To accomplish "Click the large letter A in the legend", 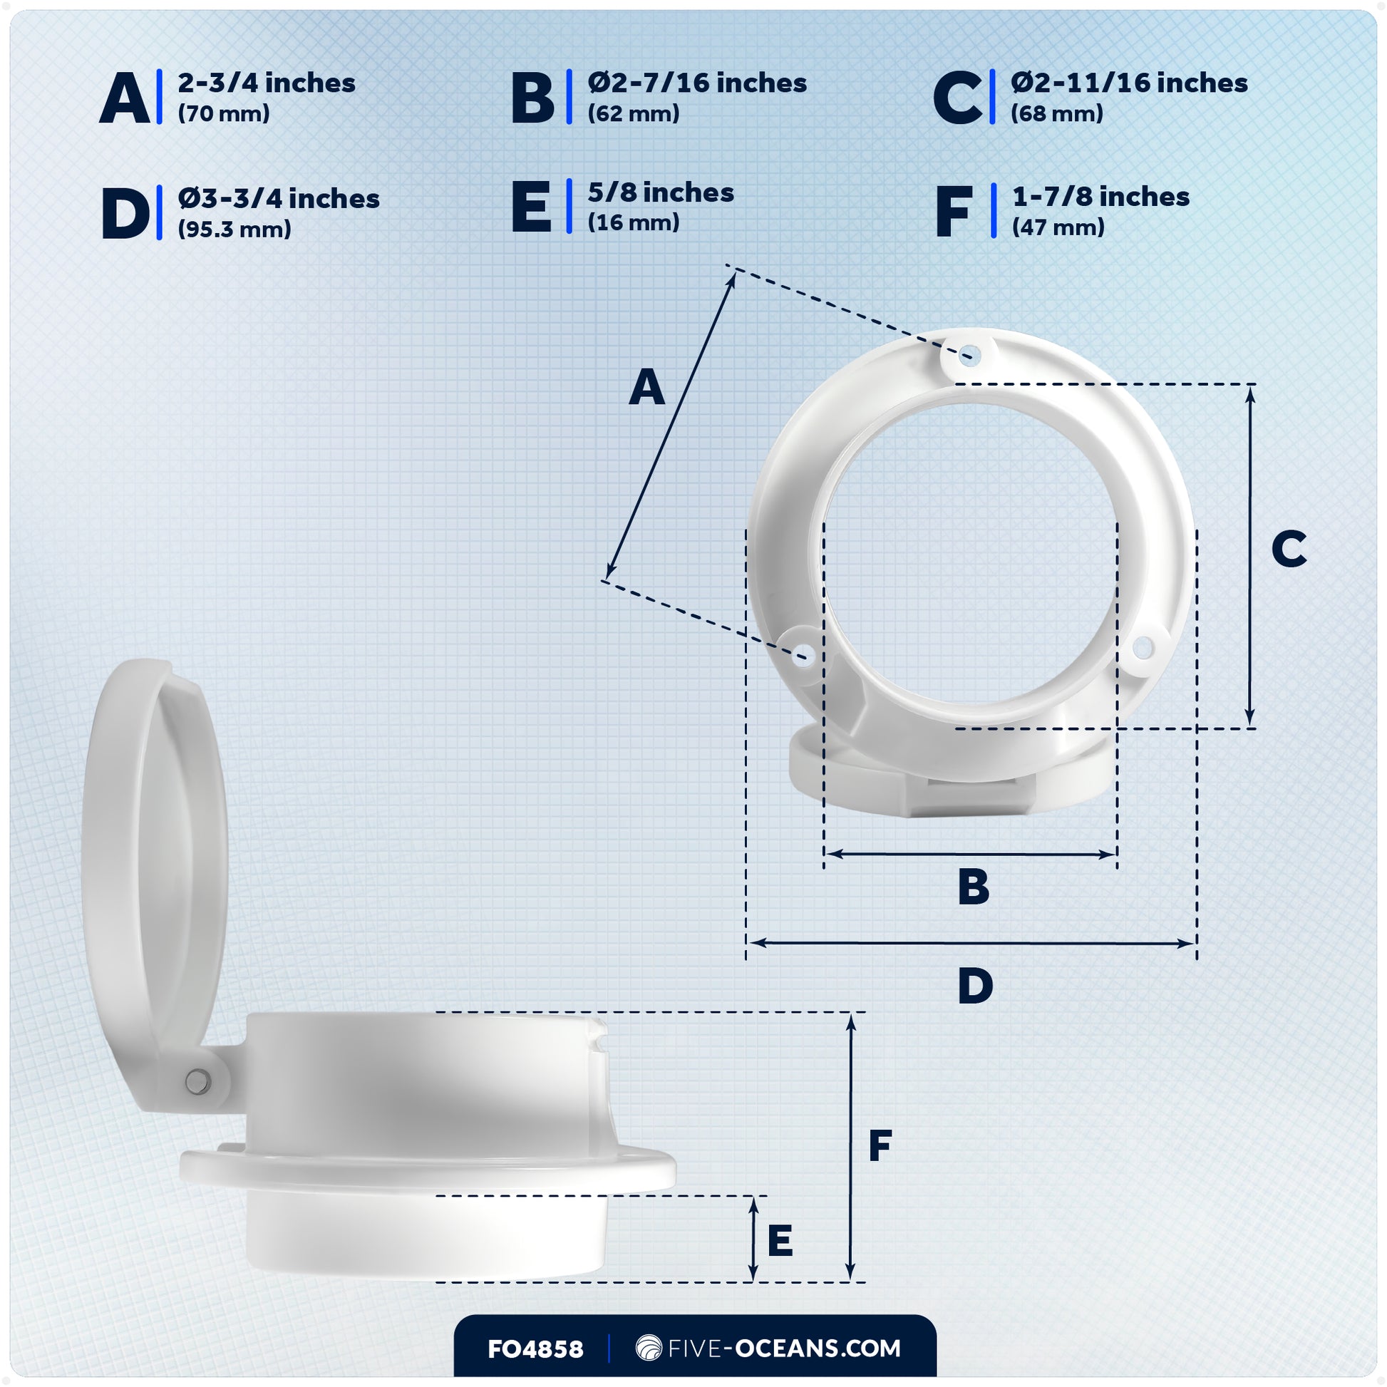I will pos(124,98).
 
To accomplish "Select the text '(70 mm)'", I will pos(223,113).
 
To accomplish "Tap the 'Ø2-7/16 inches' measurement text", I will pos(696,83).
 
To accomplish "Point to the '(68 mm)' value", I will pos(1056,113).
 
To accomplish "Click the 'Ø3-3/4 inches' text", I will pos(279,199).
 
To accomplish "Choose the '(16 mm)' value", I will pos(633,222).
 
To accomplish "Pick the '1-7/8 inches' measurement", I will pos(1100,197).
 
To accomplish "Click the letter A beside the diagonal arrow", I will pos(646,388).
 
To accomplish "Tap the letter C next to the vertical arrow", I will pos(1289,550).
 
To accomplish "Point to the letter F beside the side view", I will pos(880,1146).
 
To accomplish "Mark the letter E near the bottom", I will pos(780,1241).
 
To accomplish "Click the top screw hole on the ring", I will pos(970,355).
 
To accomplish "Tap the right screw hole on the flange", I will pos(1143,649).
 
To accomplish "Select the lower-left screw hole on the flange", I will pos(803,655).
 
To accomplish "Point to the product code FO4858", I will pos(535,1349).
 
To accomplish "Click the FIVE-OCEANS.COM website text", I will pos(784,1349).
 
